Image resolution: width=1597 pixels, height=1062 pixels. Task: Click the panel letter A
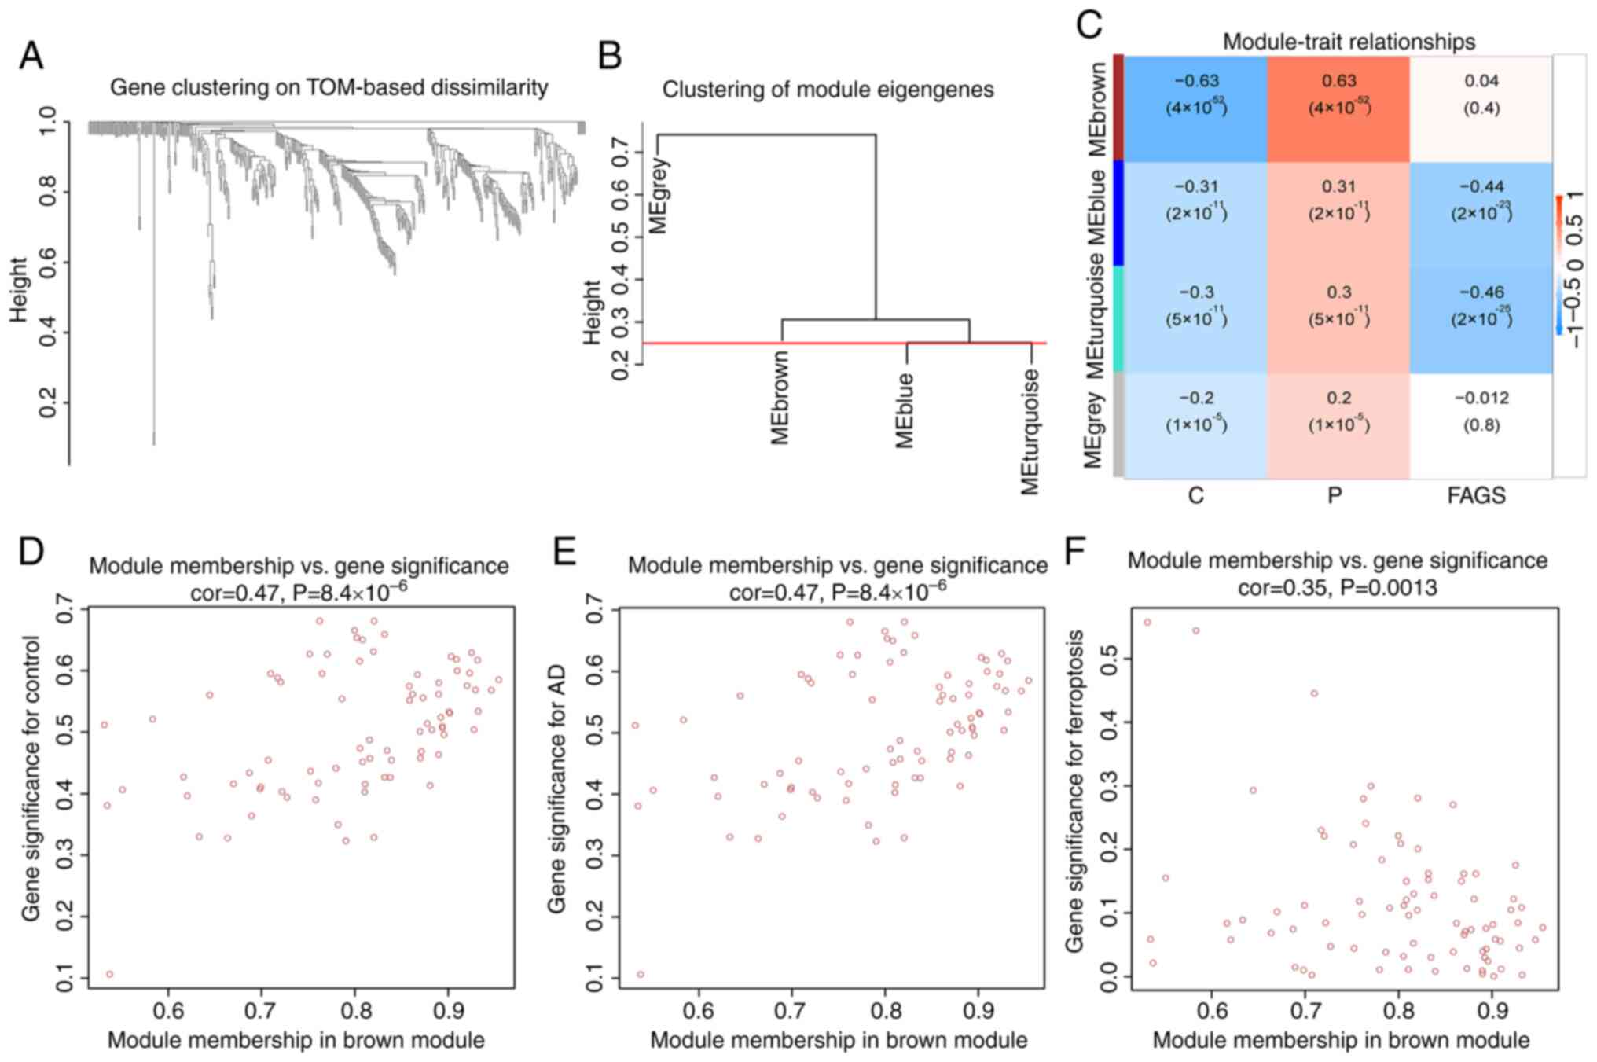point(31,56)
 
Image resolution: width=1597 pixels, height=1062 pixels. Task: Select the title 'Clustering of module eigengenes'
point(828,90)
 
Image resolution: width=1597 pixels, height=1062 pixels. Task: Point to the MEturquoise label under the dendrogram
point(1030,432)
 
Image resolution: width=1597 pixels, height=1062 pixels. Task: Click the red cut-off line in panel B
point(707,343)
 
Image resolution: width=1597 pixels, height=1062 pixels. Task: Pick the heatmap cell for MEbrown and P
point(1338,108)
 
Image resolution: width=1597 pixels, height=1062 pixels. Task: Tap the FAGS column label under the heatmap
point(1476,495)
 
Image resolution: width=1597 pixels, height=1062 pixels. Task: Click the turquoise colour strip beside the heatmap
point(1118,319)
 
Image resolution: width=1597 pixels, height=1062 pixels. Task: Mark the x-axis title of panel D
point(296,1040)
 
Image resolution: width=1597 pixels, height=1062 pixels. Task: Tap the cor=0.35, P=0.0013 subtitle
point(1337,587)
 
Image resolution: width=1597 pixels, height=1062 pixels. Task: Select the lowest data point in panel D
point(110,974)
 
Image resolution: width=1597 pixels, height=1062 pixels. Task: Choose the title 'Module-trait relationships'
point(1349,41)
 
